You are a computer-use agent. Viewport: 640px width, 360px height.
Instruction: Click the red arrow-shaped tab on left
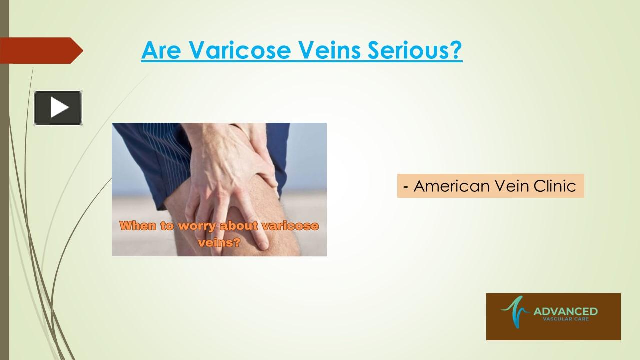(x=40, y=50)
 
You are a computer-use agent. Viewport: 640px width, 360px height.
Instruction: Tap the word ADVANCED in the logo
(x=565, y=312)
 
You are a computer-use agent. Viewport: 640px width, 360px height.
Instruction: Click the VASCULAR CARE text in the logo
(x=565, y=320)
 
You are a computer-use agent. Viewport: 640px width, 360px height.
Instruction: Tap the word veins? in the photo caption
(x=219, y=243)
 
